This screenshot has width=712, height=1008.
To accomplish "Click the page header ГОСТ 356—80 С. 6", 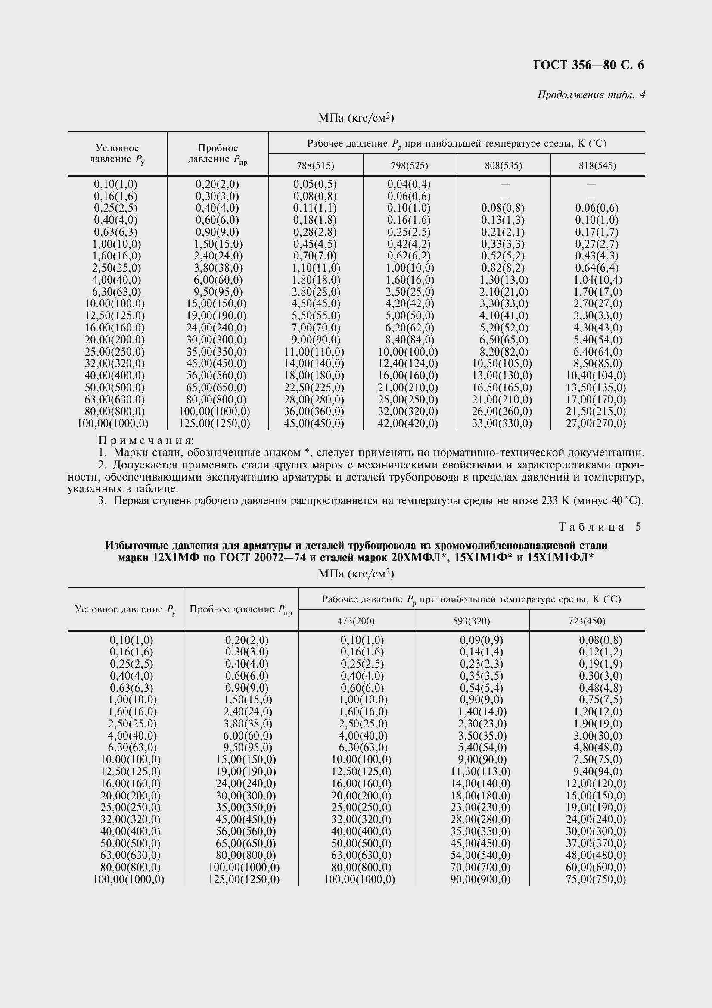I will pyautogui.click(x=588, y=65).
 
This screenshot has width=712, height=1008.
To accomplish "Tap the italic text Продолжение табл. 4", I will pyautogui.click(x=591, y=94).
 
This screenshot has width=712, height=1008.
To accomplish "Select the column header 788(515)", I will pyautogui.click(x=315, y=165).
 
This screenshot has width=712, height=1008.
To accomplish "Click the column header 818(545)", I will pyautogui.click(x=597, y=165).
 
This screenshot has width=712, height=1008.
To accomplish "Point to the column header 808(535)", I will pyautogui.click(x=503, y=165).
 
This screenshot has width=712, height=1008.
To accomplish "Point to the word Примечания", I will pyautogui.click(x=146, y=440).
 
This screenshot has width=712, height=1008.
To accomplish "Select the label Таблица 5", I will pyautogui.click(x=600, y=527).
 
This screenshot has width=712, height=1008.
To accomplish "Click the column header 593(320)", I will pyautogui.click(x=471, y=621).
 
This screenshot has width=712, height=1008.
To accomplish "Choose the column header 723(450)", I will pyautogui.click(x=587, y=621).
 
